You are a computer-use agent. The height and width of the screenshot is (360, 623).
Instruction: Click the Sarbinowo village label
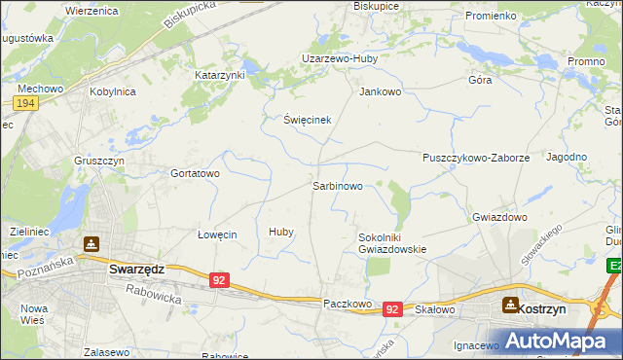tap(338, 185)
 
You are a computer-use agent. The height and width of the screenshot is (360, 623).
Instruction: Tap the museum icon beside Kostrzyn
tap(511, 305)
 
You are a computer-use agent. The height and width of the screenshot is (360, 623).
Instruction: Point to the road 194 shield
tap(26, 103)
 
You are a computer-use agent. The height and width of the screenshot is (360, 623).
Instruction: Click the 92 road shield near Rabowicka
tap(220, 280)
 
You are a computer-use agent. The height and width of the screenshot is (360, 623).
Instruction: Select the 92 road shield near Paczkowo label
tap(392, 308)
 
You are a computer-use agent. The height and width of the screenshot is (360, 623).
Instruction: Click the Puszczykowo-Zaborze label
tap(476, 157)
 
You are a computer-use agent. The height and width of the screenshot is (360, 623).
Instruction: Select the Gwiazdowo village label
tap(498, 217)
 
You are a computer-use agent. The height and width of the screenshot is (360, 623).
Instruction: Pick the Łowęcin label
tap(217, 234)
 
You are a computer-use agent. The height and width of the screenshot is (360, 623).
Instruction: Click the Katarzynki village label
tap(220, 74)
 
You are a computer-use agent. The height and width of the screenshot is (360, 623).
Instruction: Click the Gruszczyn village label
tap(101, 160)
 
